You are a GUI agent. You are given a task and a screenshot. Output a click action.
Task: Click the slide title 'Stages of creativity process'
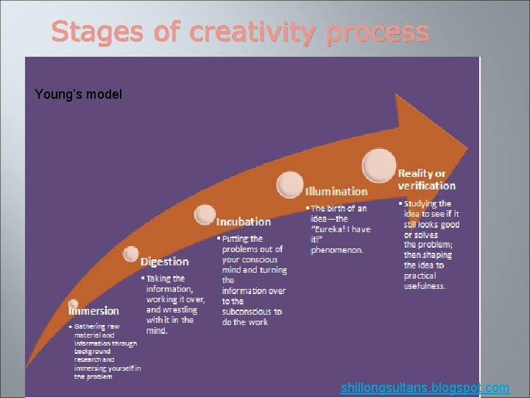click(240, 32)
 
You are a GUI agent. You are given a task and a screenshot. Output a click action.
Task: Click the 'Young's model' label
click(79, 94)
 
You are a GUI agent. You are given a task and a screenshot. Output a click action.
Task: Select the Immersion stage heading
click(93, 311)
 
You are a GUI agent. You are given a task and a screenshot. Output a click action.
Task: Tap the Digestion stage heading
click(165, 262)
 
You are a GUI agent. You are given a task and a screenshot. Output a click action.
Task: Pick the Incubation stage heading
click(244, 222)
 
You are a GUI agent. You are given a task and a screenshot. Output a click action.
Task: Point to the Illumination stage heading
click(336, 192)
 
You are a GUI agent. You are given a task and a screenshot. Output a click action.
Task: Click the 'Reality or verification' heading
click(426, 180)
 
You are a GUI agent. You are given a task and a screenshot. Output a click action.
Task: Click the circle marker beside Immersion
click(73, 304)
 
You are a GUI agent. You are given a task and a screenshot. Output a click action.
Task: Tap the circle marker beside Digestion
click(131, 254)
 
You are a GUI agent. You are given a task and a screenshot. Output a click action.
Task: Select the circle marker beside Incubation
click(205, 214)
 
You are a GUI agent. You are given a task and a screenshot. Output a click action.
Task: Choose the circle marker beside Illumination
click(290, 184)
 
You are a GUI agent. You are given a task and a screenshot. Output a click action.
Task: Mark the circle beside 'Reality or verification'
click(378, 164)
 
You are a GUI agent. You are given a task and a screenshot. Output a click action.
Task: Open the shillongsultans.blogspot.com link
click(425, 388)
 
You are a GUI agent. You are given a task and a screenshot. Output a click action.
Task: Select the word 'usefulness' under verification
click(425, 286)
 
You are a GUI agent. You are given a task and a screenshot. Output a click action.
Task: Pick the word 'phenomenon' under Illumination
click(336, 250)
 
